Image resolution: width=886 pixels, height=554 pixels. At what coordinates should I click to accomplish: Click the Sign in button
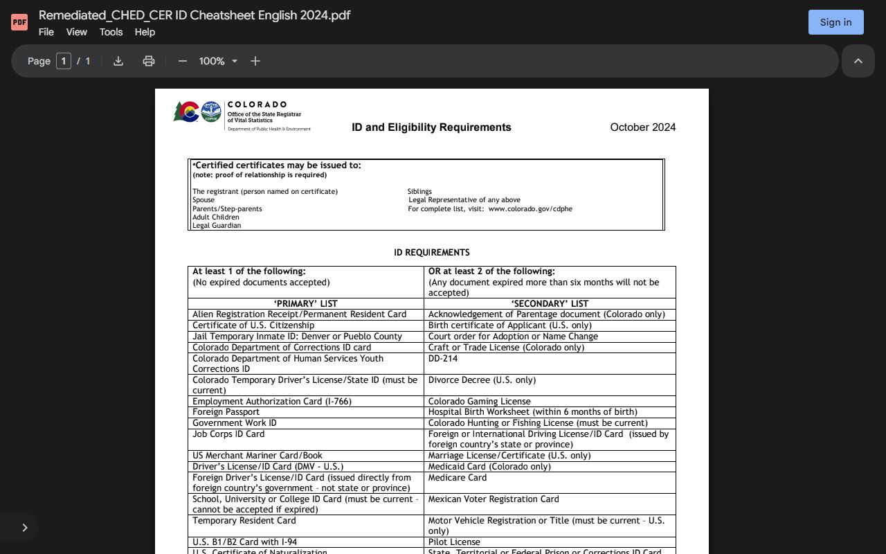point(835,22)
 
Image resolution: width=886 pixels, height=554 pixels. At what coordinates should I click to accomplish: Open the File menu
point(46,32)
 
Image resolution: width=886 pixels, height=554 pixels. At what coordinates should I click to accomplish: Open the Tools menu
point(111,32)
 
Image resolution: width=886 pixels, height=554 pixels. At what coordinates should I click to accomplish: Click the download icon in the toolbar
point(118,61)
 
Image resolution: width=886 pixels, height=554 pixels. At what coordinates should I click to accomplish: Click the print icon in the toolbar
point(148,61)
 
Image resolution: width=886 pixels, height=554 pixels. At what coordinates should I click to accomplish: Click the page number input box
point(64,61)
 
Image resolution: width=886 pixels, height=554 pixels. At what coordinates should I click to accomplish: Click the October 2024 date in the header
point(642,127)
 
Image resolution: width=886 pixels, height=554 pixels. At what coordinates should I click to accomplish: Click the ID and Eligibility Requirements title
point(431,127)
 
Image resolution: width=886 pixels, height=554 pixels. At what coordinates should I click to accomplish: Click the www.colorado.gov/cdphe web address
point(530,208)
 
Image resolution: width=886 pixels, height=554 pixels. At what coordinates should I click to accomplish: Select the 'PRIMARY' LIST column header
point(305,303)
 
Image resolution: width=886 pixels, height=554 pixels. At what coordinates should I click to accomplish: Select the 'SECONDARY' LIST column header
point(550,303)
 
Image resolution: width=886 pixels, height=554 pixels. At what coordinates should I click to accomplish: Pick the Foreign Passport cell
point(226,412)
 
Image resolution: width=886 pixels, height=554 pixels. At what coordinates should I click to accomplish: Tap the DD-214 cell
point(443,359)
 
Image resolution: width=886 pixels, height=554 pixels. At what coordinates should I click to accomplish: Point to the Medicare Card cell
point(458,478)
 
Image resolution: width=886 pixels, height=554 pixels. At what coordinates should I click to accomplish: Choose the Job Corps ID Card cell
point(228,434)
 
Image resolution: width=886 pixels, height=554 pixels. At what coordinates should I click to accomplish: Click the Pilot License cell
point(454,542)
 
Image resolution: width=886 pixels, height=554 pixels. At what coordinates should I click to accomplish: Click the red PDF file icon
point(19,22)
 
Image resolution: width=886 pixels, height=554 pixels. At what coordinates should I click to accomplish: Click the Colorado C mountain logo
point(186,111)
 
